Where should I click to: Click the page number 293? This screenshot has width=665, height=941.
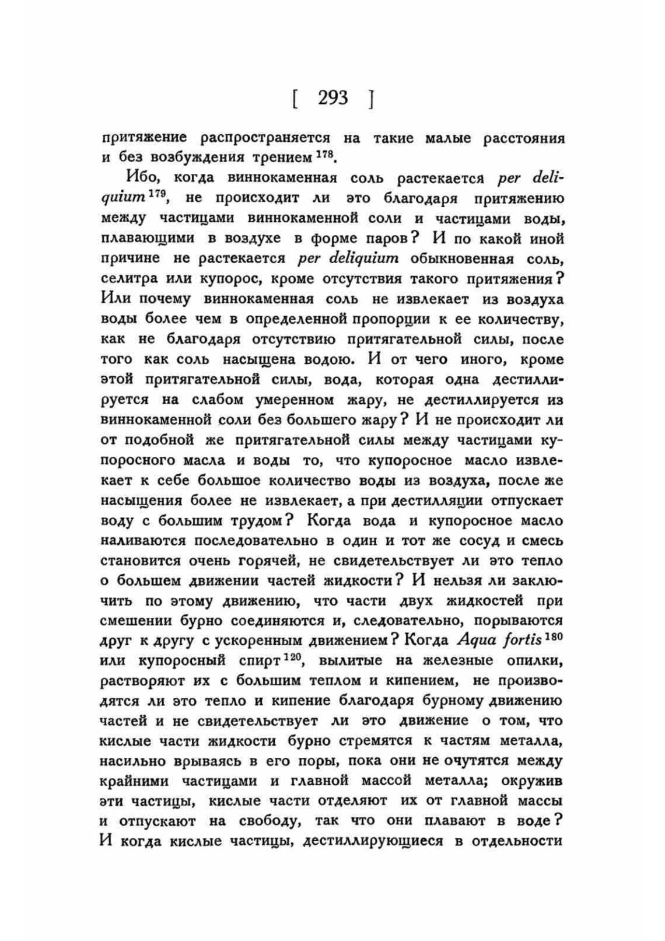tap(332, 98)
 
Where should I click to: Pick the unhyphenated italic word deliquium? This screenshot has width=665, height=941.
tap(348, 258)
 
